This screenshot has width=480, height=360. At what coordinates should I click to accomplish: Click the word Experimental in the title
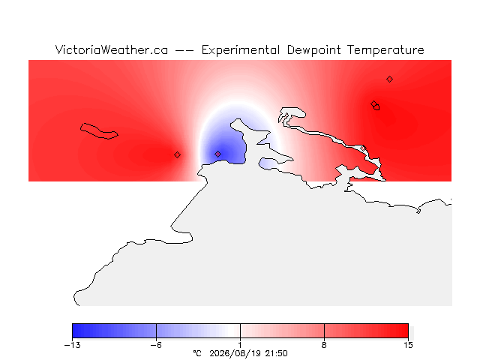point(241,50)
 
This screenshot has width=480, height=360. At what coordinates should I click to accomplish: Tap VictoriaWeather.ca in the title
point(112,50)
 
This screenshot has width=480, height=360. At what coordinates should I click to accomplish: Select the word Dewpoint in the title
point(313,50)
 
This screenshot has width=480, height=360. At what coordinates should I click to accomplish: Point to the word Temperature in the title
point(385,50)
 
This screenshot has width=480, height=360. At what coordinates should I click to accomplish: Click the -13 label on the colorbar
point(73,345)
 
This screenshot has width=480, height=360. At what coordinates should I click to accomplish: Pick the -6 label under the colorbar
point(156,345)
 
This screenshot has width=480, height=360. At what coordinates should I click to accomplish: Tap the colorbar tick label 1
point(240,345)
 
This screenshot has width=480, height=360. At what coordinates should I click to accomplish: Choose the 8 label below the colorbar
point(324,345)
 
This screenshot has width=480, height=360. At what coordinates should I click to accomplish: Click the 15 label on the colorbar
point(408,345)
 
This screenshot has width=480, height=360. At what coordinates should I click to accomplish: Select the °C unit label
point(197,353)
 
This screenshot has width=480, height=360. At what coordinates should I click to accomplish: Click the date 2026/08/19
point(235,353)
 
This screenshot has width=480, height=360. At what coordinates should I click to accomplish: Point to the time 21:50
point(277,353)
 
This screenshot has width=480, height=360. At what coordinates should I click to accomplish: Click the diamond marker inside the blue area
point(217,154)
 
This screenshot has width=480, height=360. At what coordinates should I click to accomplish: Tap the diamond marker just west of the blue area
point(177,155)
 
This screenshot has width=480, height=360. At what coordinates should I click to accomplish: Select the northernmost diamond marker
point(389,79)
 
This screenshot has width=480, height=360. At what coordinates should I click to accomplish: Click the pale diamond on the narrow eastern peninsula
point(363,148)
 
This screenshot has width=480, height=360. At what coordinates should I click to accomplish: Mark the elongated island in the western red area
point(99,131)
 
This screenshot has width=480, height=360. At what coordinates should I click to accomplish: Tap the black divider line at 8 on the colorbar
point(324,331)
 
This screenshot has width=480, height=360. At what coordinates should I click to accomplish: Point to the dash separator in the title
point(184,50)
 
